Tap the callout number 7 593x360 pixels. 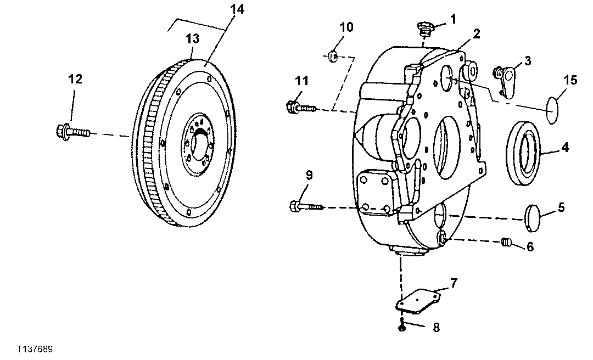[454, 283]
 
